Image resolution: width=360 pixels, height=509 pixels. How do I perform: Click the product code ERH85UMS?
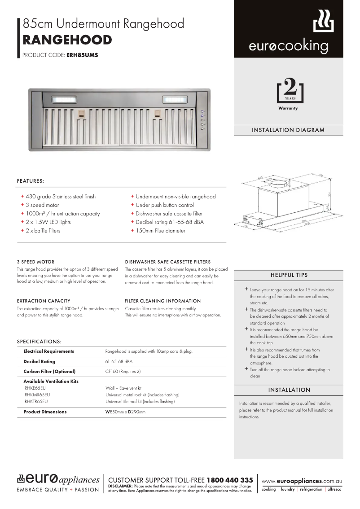click(82, 56)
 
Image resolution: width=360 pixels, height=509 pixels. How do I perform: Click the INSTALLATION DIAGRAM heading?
click(288, 130)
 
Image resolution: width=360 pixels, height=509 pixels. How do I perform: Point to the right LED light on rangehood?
click(174, 99)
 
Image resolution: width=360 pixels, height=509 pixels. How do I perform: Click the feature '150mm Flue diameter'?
click(160, 231)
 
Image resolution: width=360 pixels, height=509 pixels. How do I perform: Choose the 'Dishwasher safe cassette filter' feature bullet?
click(169, 214)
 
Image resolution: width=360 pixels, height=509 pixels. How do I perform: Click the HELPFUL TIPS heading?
click(289, 275)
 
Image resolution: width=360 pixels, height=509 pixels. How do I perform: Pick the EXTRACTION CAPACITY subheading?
click(44, 301)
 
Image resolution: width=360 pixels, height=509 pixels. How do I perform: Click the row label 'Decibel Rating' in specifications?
click(40, 361)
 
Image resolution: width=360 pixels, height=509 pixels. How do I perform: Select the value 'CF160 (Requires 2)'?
click(123, 372)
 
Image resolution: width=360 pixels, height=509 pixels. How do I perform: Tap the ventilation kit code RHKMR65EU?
click(37, 395)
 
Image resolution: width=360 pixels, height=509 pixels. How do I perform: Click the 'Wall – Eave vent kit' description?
click(123, 388)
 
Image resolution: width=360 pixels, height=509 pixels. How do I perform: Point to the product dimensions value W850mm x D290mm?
click(125, 412)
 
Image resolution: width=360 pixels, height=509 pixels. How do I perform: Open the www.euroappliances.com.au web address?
click(301, 481)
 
